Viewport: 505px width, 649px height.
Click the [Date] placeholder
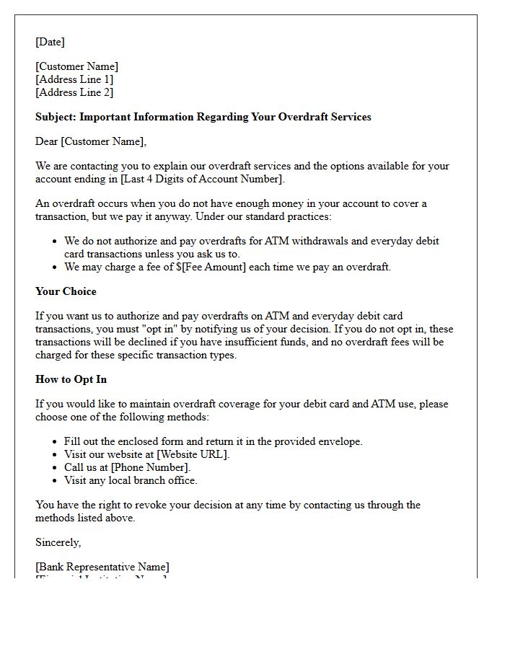(50, 42)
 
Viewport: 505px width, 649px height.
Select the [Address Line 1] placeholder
(74, 79)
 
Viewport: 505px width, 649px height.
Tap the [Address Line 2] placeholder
(74, 92)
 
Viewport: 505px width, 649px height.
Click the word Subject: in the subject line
(56, 117)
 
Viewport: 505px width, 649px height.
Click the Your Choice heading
(66, 291)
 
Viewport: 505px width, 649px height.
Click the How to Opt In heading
(71, 379)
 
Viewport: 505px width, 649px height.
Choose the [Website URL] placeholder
(193, 454)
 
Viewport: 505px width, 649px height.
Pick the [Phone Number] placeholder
(150, 467)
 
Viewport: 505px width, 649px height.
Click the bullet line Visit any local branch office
(131, 480)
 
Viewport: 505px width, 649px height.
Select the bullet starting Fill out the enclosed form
(213, 441)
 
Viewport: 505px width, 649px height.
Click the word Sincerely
(58, 542)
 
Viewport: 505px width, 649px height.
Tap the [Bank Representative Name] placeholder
(102, 567)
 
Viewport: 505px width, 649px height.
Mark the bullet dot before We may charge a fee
(55, 268)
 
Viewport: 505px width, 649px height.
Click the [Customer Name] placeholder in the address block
(77, 66)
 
